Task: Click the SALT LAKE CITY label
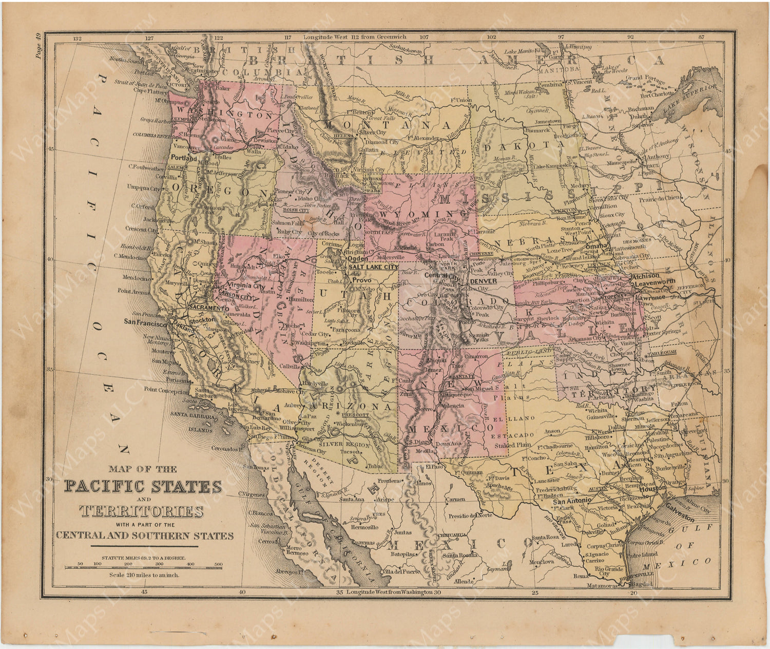[373, 268]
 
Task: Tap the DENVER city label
[484, 281]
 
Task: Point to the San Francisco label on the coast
[145, 324]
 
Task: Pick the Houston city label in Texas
[652, 489]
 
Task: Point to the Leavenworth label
[657, 282]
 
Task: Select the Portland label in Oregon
[184, 158]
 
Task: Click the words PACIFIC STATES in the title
[143, 486]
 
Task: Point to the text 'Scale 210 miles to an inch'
[144, 575]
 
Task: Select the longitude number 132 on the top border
[78, 37]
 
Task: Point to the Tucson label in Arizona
[350, 452]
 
